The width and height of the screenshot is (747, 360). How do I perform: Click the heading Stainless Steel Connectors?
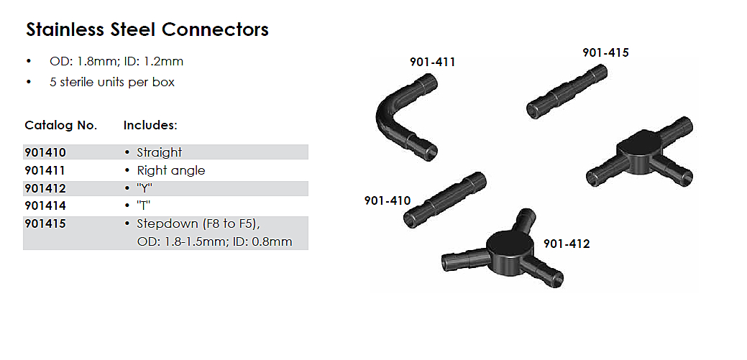pos(147,29)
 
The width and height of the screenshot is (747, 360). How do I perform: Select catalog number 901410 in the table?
pos(45,152)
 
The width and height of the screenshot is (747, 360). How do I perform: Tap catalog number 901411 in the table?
pos(45,170)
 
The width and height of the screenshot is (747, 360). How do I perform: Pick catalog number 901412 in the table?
pos(45,188)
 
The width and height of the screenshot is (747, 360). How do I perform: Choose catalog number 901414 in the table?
pos(45,206)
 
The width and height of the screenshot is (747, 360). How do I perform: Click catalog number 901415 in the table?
pos(45,223)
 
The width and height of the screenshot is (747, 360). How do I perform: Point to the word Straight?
pos(159,153)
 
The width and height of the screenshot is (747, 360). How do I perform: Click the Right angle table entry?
pos(171,171)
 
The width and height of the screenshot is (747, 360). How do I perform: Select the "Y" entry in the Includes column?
pos(145,188)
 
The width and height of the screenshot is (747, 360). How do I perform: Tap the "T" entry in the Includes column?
pos(143,206)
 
